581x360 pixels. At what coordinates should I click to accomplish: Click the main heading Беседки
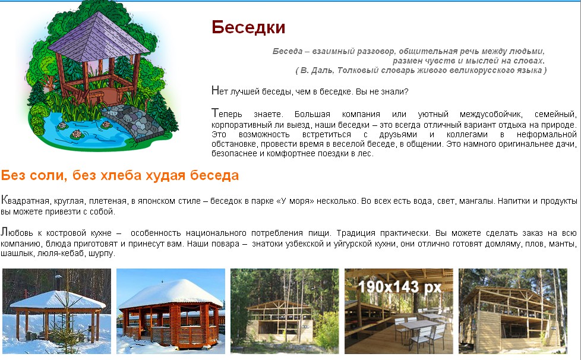pos(248,27)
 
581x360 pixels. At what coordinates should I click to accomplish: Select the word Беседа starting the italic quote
pos(288,52)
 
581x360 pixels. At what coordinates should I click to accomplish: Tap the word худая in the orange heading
pos(165,176)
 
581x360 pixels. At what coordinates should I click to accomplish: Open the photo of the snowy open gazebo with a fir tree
pos(56,311)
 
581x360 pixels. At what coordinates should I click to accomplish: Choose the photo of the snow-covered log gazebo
pos(171,311)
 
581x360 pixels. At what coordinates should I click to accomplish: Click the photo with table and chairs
pos(399,311)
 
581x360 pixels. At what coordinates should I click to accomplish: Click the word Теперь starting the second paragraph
pos(227,113)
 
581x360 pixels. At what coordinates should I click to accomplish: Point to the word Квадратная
pos(25,200)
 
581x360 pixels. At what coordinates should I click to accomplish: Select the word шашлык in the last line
pos(12,254)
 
